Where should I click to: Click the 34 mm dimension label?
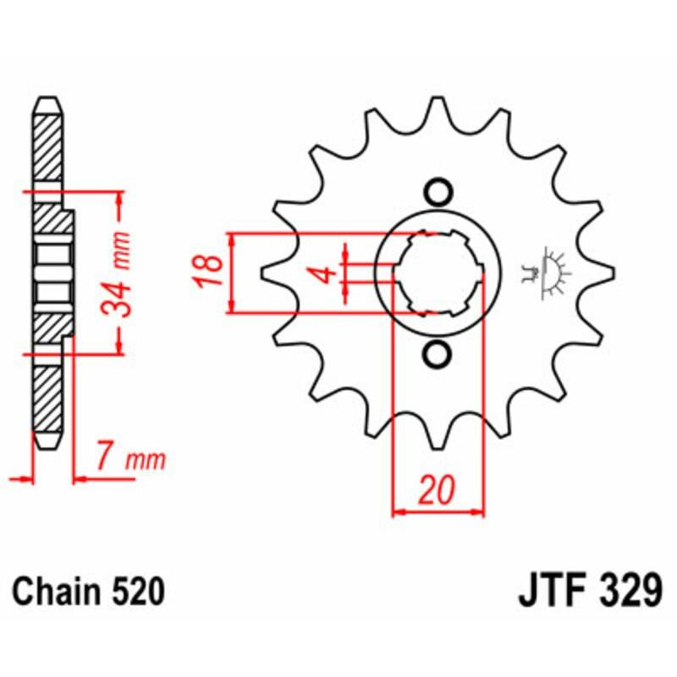point(124,271)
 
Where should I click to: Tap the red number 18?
point(212,272)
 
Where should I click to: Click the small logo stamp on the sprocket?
point(546,272)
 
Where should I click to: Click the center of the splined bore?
point(438,272)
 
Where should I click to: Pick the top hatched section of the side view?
point(47,144)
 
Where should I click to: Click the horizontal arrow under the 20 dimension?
point(438,511)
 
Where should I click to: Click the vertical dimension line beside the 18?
point(232,272)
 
